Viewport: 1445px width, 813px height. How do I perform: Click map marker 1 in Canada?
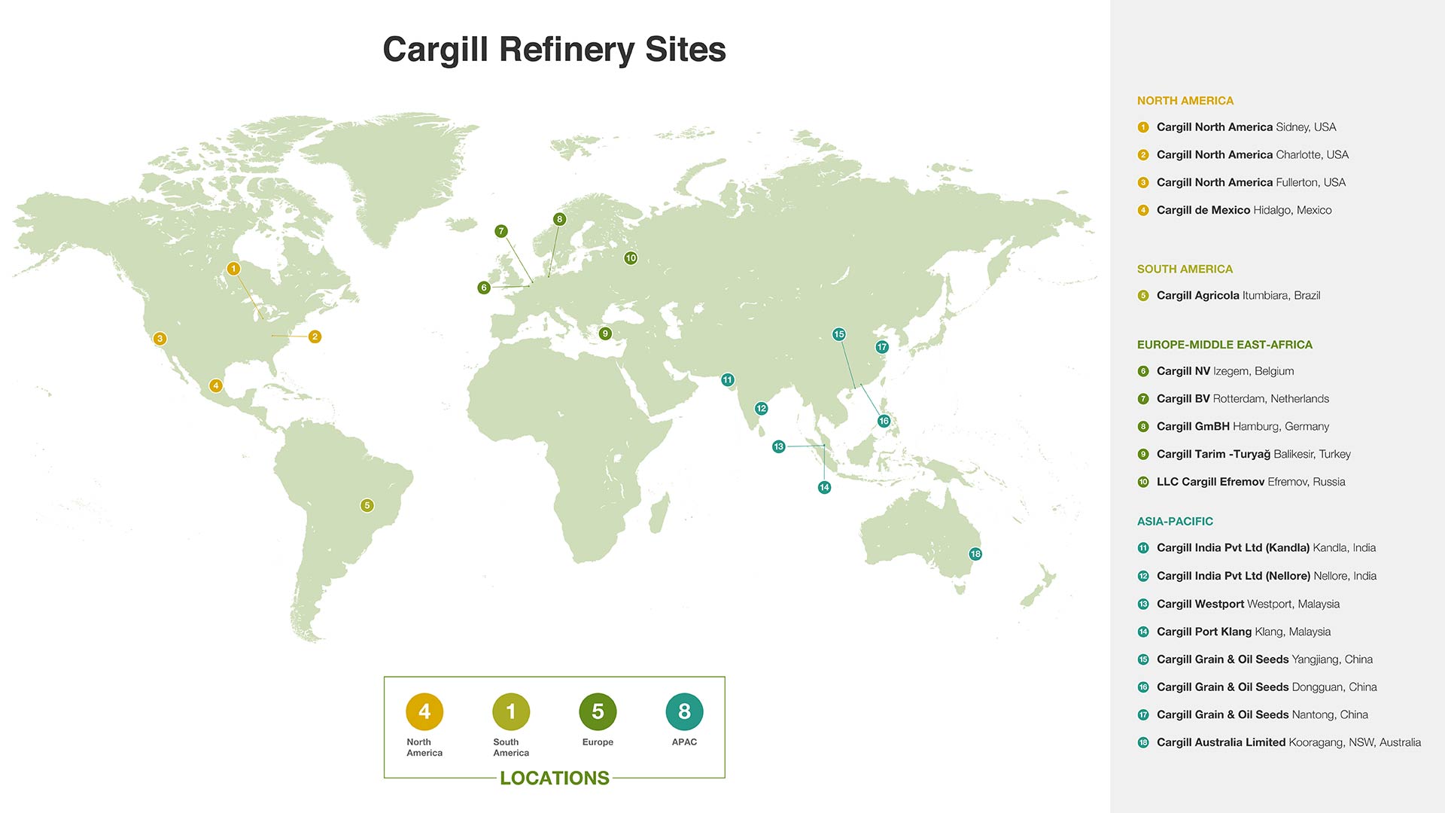point(233,269)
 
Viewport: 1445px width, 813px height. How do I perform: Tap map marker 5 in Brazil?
point(367,505)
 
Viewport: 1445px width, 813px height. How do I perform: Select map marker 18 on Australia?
point(975,554)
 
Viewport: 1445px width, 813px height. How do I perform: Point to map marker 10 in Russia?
point(631,258)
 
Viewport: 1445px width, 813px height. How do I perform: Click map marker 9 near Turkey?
point(605,333)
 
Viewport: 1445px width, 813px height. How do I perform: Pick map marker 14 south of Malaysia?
point(825,488)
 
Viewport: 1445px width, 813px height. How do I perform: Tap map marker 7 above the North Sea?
point(501,231)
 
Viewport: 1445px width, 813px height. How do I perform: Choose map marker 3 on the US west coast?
point(160,339)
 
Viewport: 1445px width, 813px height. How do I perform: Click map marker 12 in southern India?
point(762,409)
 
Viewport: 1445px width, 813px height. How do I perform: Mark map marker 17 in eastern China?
point(882,347)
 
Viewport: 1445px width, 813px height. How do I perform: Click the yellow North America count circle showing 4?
point(424,711)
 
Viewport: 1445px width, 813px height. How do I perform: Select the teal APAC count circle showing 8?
point(684,711)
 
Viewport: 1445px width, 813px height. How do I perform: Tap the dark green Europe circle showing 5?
point(598,711)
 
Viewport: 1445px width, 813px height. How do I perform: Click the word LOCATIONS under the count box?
point(555,778)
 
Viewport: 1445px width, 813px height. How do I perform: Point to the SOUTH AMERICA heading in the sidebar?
point(1185,269)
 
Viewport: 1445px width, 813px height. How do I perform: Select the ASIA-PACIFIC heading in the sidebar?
point(1175,521)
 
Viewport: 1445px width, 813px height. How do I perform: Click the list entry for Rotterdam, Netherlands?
point(1243,399)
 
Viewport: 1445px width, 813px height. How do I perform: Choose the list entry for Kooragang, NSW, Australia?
point(1288,742)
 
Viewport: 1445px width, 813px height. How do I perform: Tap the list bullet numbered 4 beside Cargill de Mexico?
point(1143,211)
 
